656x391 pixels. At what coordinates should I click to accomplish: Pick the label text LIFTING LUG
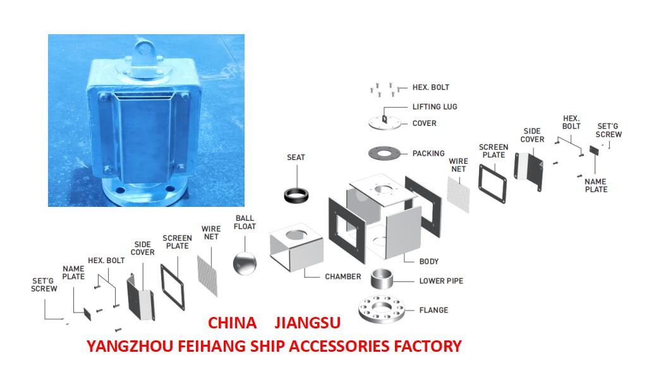(434, 107)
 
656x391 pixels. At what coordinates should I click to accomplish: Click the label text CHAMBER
(343, 276)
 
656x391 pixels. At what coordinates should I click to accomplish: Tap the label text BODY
(428, 261)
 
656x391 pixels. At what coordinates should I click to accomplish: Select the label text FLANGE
(434, 311)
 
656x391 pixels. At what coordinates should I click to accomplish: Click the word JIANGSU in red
(308, 323)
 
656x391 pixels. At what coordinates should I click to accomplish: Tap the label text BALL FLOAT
(245, 222)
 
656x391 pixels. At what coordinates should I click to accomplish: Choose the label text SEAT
(295, 157)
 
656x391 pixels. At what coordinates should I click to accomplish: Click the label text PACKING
(428, 153)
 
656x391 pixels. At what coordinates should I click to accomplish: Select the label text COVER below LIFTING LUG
(424, 123)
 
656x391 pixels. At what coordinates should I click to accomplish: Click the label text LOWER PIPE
(440, 281)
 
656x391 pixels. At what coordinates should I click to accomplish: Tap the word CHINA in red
(232, 323)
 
